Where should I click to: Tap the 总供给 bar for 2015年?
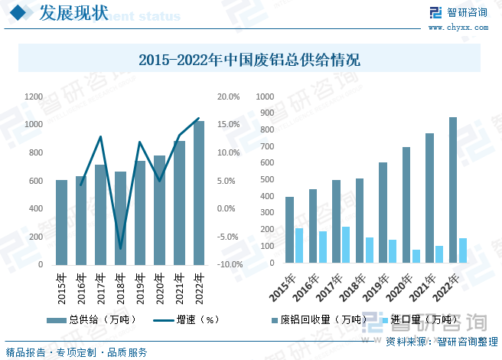61,222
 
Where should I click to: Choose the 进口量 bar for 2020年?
416,257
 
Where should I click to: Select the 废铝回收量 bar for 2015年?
289,230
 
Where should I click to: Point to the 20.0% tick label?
229,97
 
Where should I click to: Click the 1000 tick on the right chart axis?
266,97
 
